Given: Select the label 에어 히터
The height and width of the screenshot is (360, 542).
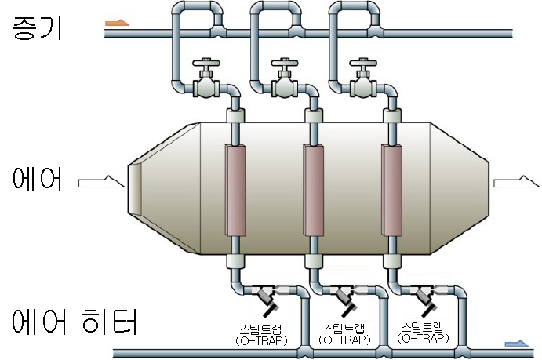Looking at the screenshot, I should [75, 322].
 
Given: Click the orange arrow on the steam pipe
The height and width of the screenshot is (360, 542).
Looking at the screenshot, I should [116, 24].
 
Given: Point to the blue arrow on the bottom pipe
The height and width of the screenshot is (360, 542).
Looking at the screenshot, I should [518, 344].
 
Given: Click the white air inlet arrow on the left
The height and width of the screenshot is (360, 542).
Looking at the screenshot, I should [101, 183].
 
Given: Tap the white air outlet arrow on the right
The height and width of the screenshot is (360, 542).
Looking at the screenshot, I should [516, 183].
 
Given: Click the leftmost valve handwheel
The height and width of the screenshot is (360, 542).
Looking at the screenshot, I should [206, 62].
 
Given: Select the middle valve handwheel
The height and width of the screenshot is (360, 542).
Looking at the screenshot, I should [283, 62].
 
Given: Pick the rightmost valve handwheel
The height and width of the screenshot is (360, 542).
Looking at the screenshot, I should [362, 62].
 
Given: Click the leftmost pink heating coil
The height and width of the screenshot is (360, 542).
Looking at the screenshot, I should [235, 190].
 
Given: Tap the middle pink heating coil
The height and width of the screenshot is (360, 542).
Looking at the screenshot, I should [314, 190].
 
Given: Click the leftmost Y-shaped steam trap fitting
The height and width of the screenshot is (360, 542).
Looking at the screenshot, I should [266, 298].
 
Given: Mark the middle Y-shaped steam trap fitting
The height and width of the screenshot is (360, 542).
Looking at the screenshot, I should [345, 298].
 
